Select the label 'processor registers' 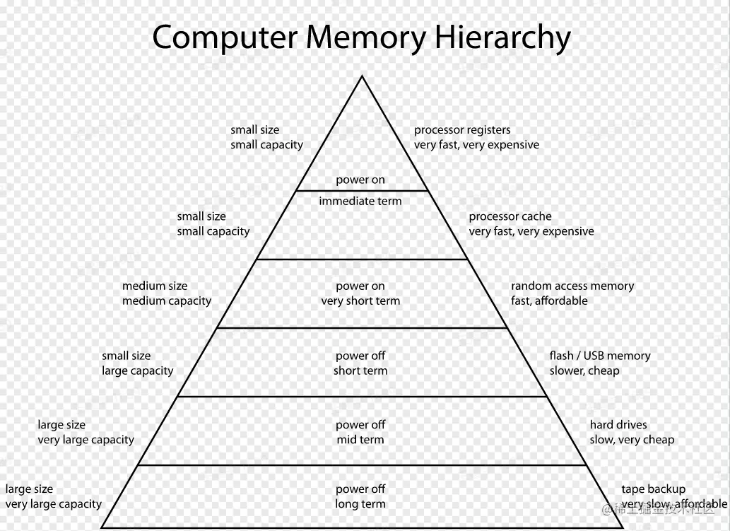click(x=462, y=130)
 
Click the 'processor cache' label click(x=510, y=216)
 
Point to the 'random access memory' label click(x=572, y=286)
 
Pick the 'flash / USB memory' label click(x=600, y=356)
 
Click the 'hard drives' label click(x=618, y=425)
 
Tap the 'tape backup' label click(x=654, y=489)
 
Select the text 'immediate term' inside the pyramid click(x=360, y=202)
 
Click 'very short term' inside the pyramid click(x=360, y=300)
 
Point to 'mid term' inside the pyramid click(x=360, y=439)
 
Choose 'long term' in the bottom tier click(x=360, y=503)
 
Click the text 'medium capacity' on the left click(x=167, y=300)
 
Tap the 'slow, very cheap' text click(x=632, y=439)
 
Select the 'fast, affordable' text click(x=549, y=300)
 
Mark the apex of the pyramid click(x=362, y=76)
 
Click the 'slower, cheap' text click(x=584, y=370)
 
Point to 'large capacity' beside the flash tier click(x=137, y=370)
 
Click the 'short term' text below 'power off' click(x=360, y=370)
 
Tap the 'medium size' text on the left click(x=155, y=286)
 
